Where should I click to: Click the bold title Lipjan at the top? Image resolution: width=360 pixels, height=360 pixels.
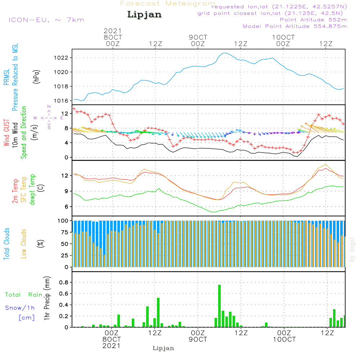coord(144,15)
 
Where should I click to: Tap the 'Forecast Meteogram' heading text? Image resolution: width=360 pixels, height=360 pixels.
coord(168,4)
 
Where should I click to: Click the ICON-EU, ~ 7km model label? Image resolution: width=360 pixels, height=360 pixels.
coord(46,20)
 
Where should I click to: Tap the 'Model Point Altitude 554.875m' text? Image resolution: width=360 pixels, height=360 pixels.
coord(295,26)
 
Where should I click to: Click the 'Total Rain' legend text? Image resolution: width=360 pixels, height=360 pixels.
coord(23,295)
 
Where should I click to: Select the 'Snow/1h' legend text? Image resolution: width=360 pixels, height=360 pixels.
coord(20,308)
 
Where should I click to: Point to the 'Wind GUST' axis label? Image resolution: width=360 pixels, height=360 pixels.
coord(7,133)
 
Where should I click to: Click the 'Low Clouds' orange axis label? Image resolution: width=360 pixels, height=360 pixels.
coord(24,243)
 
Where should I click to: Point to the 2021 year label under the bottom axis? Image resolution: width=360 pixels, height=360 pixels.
coord(112,346)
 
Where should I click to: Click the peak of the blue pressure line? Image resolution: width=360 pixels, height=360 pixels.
coord(225,53)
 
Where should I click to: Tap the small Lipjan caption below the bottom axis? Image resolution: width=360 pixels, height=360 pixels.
coord(163,348)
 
